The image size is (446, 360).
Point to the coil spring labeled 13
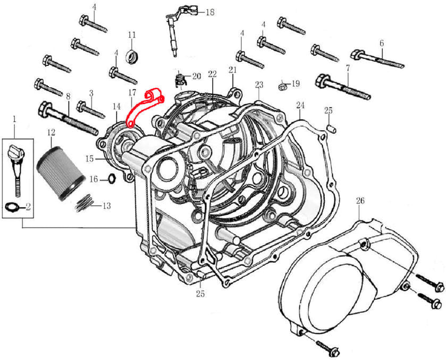86,203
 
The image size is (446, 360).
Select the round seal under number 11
131,55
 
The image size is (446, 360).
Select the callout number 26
360,201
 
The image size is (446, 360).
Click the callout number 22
213,73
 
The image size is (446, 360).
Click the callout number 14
116,106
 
